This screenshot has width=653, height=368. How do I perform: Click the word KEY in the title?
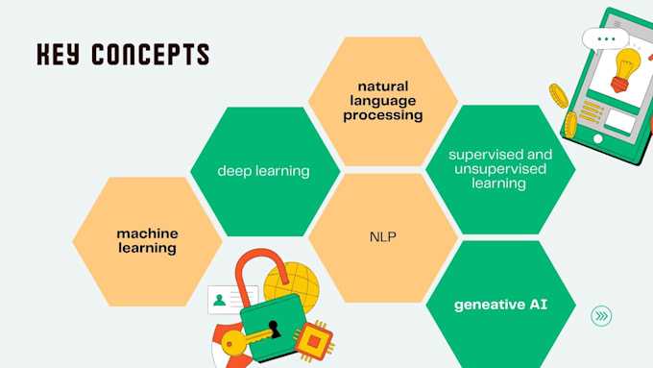59,54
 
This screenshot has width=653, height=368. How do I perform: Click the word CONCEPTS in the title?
150,54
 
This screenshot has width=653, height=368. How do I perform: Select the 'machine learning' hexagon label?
147,240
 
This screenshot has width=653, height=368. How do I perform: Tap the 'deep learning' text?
263,171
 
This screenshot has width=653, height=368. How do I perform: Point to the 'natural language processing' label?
383,100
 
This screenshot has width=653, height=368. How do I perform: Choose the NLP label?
383,235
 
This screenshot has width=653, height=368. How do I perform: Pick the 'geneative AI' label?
500,306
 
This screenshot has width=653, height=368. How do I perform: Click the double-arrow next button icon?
602,315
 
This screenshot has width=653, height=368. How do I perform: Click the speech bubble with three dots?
605,38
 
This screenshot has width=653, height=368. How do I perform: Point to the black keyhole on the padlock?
274,328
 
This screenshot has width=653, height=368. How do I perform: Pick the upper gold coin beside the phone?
559,94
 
